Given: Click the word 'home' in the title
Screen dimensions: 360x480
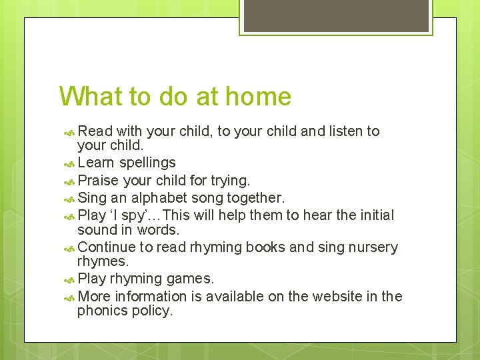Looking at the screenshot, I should click(x=258, y=97).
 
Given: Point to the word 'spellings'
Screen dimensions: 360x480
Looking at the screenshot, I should click(x=148, y=163).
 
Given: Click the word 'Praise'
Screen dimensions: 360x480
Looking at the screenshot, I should click(x=97, y=181).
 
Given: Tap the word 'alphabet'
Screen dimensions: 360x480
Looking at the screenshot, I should click(x=159, y=198).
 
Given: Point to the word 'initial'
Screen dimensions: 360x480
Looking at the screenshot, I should click(x=375, y=215).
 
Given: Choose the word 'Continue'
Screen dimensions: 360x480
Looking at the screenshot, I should click(x=107, y=247).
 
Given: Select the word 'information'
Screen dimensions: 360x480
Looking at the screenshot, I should click(x=151, y=296).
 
